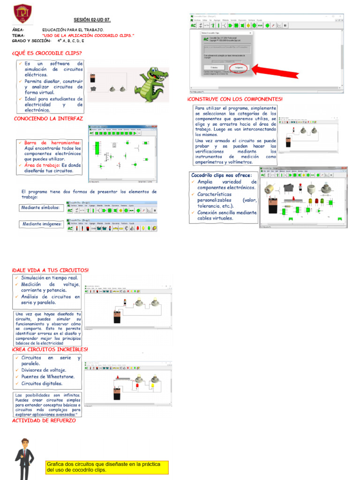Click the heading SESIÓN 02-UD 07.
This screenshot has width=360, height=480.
pyautogui.click(x=92, y=20)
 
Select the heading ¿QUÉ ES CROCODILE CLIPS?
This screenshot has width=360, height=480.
pyautogui.click(x=47, y=53)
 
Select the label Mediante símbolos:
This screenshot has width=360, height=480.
pyautogui.click(x=40, y=208)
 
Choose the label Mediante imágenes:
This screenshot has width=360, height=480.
pyautogui.click(x=42, y=224)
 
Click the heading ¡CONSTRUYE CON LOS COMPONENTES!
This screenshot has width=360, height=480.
pyautogui.click(x=235, y=99)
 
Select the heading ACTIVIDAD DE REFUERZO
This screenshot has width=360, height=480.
pyautogui.click(x=44, y=420)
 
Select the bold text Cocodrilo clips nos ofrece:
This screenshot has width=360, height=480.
pyautogui.click(x=221, y=175)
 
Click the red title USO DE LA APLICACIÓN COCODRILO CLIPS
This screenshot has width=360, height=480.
pyautogui.click(x=88, y=36)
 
